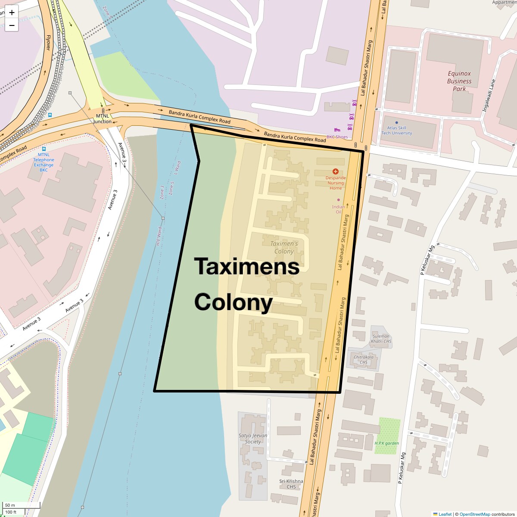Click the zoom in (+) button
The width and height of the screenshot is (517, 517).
pyautogui.click(x=12, y=12)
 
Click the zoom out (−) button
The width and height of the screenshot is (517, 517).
pyautogui.click(x=12, y=25)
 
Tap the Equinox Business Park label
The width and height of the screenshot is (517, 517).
pyautogui.click(x=459, y=81)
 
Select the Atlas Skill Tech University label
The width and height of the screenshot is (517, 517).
pyautogui.click(x=396, y=130)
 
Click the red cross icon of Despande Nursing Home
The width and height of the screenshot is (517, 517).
pyautogui.click(x=336, y=171)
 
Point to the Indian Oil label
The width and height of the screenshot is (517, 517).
pyautogui.click(x=338, y=209)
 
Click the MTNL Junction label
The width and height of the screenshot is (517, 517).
pyautogui.click(x=103, y=118)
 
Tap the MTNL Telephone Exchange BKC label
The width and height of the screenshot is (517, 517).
pyautogui.click(x=44, y=162)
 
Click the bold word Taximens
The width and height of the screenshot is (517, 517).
pyautogui.click(x=247, y=266)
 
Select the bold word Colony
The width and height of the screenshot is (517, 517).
pyautogui.click(x=234, y=302)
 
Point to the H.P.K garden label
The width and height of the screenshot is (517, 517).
pyautogui.click(x=386, y=443)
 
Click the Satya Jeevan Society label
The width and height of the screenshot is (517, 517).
pyautogui.click(x=253, y=438)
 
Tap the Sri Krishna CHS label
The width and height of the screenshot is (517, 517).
pyautogui.click(x=291, y=484)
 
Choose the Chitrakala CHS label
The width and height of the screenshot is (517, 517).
pyautogui.click(x=364, y=359)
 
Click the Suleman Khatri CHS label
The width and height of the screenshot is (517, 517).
pyautogui.click(x=381, y=339)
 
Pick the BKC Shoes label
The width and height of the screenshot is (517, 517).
pyautogui.click(x=337, y=137)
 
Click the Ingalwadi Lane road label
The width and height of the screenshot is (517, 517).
pyautogui.click(x=489, y=96)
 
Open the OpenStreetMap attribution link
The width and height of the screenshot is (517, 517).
pyautogui.click(x=474, y=514)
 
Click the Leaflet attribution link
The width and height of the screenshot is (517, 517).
pyautogui.click(x=445, y=514)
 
